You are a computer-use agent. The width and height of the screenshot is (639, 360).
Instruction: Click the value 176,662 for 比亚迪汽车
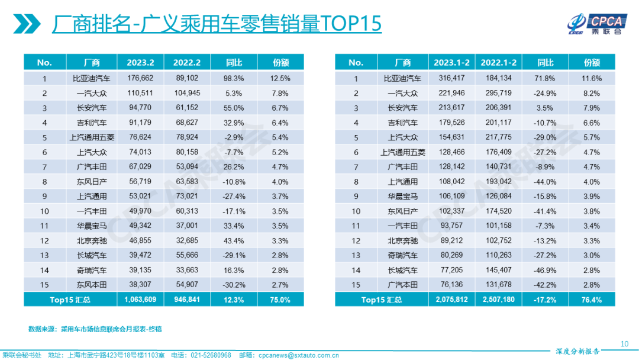(x=140, y=78)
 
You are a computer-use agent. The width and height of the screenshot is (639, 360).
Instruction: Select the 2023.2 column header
(x=140, y=63)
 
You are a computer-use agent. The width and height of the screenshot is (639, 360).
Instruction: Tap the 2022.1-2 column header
(x=499, y=63)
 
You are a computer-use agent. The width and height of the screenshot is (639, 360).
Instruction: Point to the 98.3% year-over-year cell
(x=234, y=78)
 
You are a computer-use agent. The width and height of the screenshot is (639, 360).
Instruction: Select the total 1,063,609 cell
(x=140, y=300)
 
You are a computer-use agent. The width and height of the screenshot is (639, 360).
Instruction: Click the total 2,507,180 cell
(x=499, y=300)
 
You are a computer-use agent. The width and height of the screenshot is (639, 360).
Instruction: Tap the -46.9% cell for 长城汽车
(x=546, y=269)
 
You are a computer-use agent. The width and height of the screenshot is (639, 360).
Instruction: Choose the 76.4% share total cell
(x=592, y=300)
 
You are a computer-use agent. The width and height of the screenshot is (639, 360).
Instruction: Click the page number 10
(x=624, y=344)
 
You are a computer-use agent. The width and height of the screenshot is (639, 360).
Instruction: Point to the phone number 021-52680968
(x=211, y=355)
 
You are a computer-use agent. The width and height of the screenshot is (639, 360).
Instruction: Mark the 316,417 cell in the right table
(x=452, y=78)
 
